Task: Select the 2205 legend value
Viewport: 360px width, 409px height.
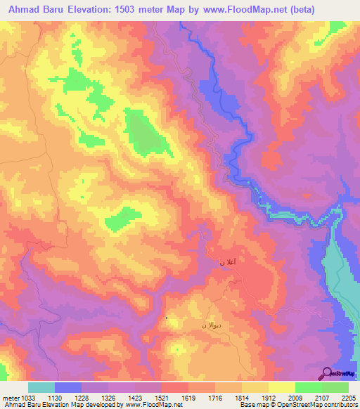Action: pyautogui.click(x=349, y=398)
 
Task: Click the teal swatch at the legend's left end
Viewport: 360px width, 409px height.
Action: pyautogui.click(x=41, y=387)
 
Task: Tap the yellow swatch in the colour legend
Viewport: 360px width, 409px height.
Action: pyautogui.click(x=281, y=387)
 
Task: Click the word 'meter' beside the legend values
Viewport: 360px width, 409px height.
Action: pyautogui.click(x=9, y=398)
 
